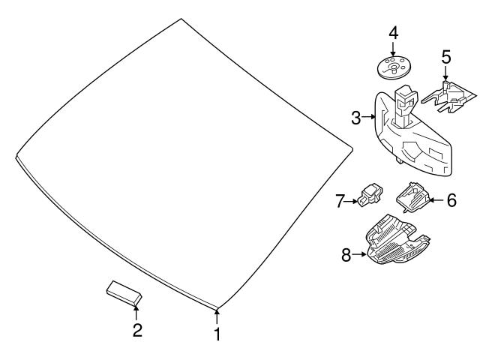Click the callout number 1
[x=217, y=334]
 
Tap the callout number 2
[x=137, y=330]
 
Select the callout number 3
[x=356, y=118]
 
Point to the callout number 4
[x=394, y=33]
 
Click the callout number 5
[x=446, y=57]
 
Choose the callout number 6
[x=451, y=200]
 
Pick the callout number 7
[x=340, y=201]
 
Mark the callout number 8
[x=346, y=255]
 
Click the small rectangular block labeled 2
[x=124, y=293]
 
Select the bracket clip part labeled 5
[x=449, y=97]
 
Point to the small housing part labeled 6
[x=412, y=197]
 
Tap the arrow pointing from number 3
[x=368, y=117]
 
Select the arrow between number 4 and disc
[x=393, y=49]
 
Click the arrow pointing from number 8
[x=358, y=254]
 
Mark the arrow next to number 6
[x=437, y=200]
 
